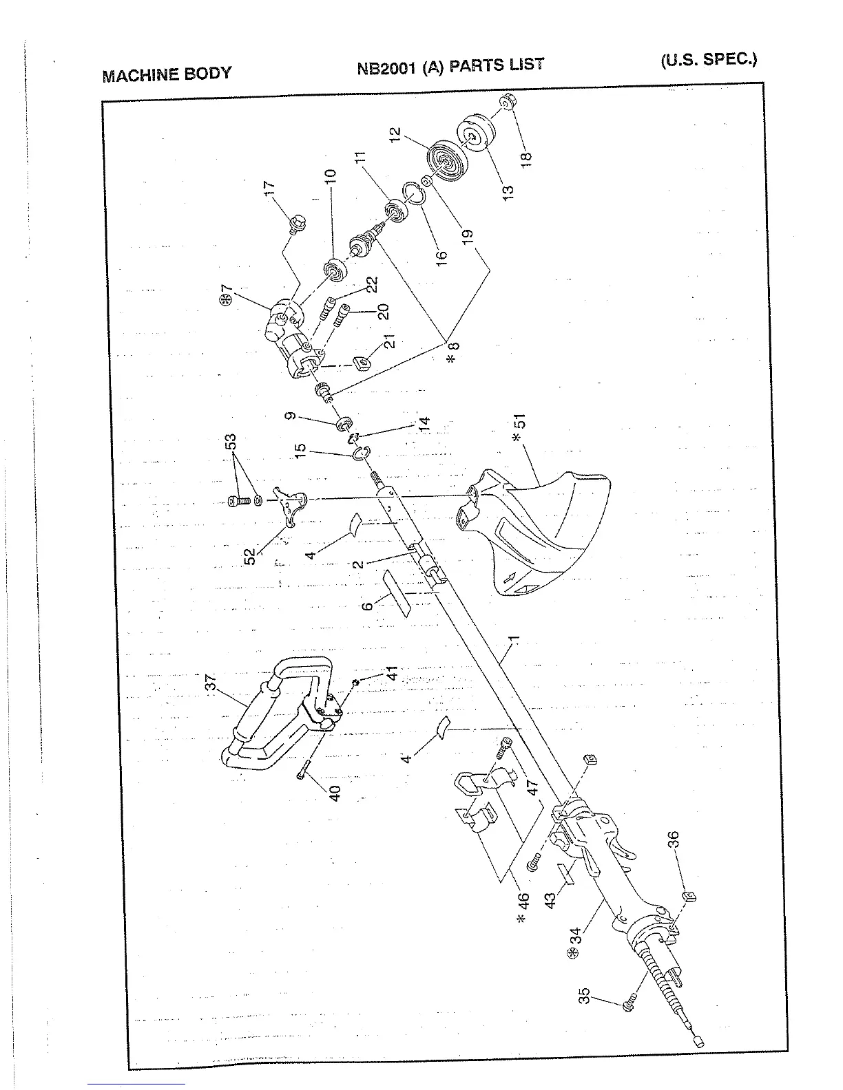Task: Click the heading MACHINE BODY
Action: [167, 74]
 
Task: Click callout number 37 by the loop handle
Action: [211, 683]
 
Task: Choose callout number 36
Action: [674, 840]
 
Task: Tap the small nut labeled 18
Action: [508, 103]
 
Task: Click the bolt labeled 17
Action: [298, 222]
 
